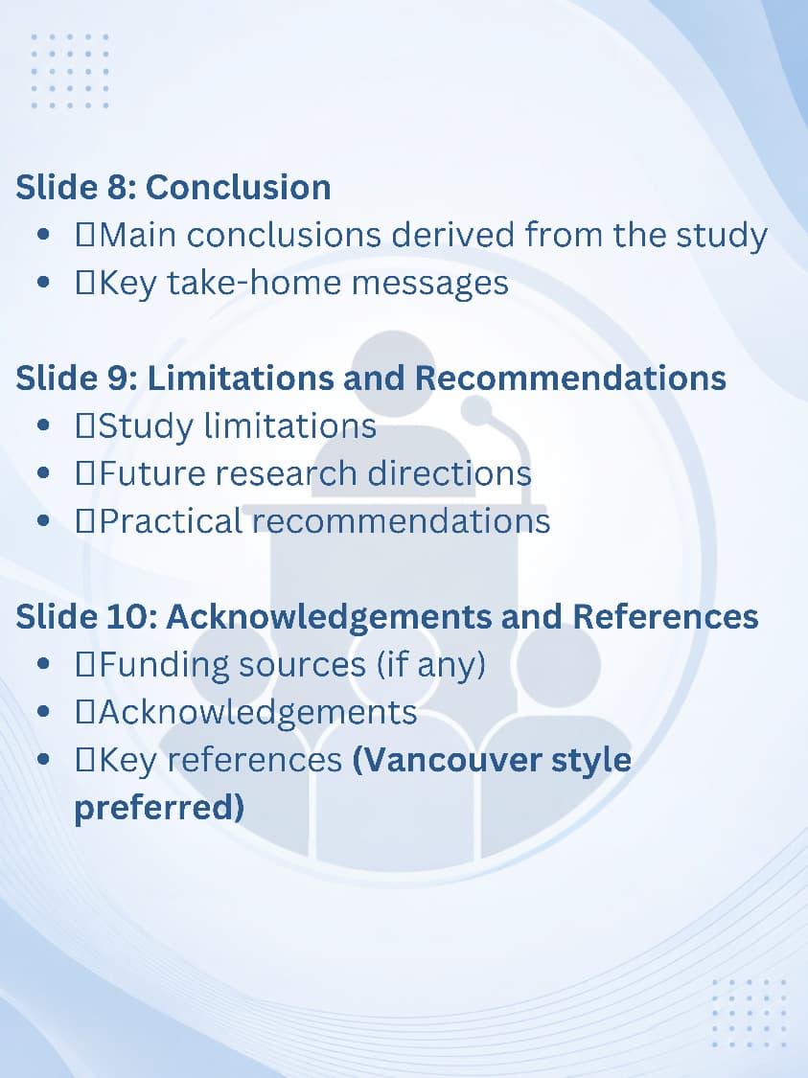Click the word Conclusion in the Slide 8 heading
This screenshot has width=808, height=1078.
pos(238,187)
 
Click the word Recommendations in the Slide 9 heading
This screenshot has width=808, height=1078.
pos(570,378)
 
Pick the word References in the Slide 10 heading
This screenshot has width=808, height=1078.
pos(665,616)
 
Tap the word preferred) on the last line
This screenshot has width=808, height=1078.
pos(159,808)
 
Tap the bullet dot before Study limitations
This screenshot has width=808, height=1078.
pos(43,426)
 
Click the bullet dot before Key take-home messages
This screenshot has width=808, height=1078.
pos(43,283)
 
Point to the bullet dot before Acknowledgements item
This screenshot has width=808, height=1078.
pos(43,712)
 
